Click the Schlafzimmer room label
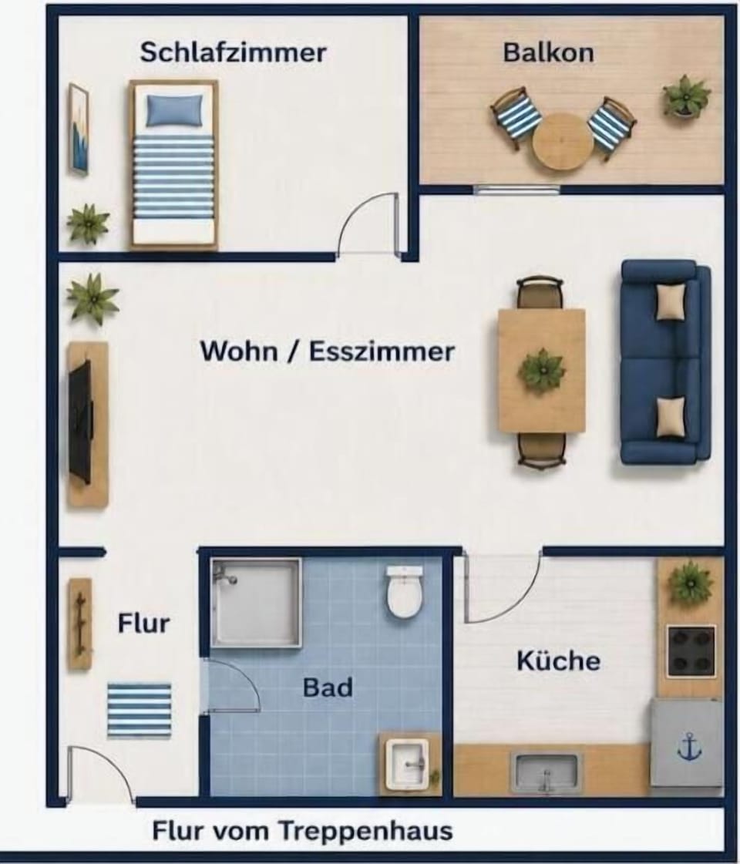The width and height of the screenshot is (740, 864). click(x=233, y=52)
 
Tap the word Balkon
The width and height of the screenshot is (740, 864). click(x=549, y=52)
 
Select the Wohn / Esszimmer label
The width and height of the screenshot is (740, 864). click(x=328, y=351)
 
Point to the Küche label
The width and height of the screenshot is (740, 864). click(x=558, y=660)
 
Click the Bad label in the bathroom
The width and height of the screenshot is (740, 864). click(x=328, y=688)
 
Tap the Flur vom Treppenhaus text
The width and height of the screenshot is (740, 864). click(x=302, y=830)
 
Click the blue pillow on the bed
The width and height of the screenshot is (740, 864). click(x=174, y=109)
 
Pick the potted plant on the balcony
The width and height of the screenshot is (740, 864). click(x=686, y=96)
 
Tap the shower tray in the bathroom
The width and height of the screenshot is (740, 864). click(x=256, y=602)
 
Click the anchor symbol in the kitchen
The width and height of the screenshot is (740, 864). click(x=689, y=748)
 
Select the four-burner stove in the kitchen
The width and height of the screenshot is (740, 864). click(x=691, y=651)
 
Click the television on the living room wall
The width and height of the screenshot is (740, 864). click(x=80, y=422)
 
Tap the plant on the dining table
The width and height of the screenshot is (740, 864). click(x=542, y=370)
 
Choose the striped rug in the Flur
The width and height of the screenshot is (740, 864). click(x=140, y=711)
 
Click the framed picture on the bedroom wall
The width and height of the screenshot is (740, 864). click(x=79, y=129)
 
